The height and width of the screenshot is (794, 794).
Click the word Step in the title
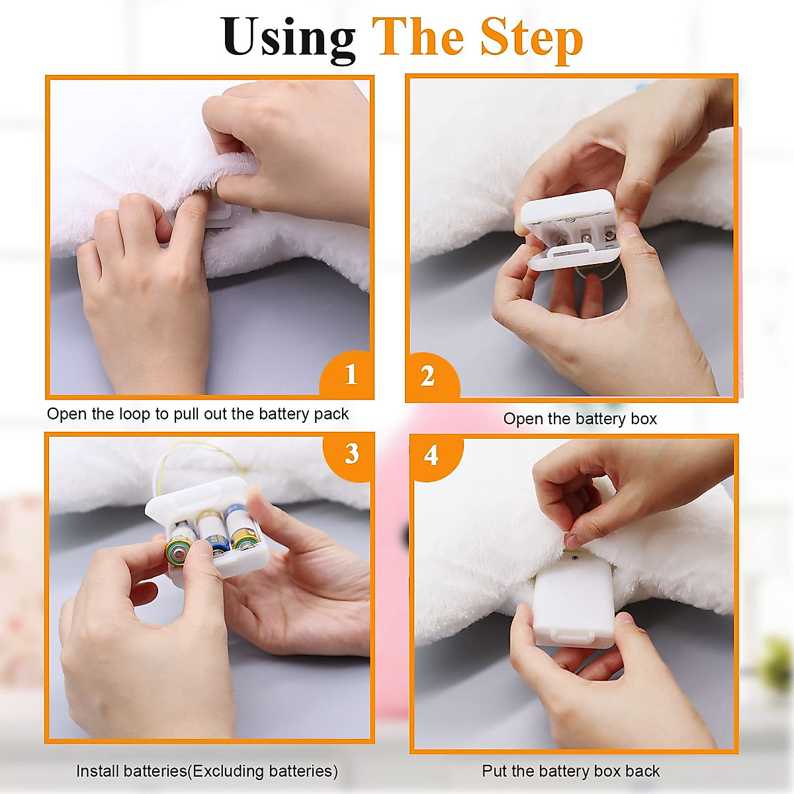531,40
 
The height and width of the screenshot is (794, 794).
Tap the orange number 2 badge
432,376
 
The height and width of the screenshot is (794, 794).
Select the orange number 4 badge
435,457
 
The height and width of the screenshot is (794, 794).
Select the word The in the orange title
422,38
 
